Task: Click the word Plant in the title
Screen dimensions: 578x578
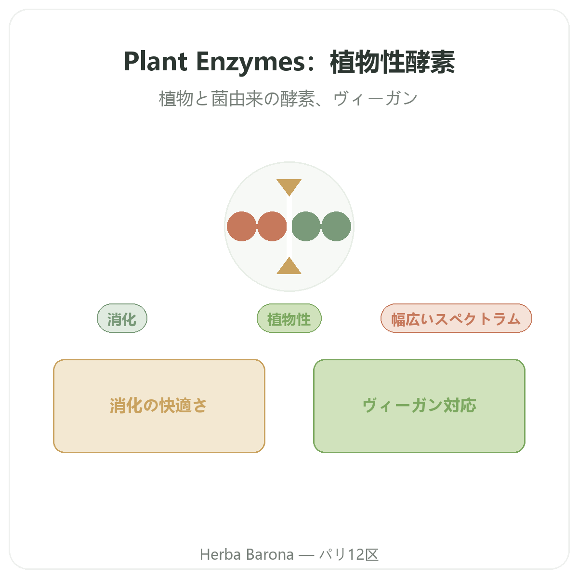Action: point(156,62)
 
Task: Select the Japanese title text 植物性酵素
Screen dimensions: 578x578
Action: point(393,62)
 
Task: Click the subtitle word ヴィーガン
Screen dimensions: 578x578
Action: point(375,99)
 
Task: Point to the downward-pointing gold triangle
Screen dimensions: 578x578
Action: point(289,186)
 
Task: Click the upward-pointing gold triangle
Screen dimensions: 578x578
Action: point(289,267)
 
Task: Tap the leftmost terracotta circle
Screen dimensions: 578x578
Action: point(242,226)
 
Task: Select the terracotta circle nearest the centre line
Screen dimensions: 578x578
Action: point(272,226)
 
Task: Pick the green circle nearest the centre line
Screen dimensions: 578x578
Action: point(306,226)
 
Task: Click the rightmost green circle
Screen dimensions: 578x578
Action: point(336,226)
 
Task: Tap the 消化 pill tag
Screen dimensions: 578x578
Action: point(122,318)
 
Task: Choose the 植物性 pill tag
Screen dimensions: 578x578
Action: point(289,318)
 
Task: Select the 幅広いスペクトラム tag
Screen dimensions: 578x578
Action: point(456,318)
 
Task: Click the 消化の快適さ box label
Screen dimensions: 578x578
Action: point(158,406)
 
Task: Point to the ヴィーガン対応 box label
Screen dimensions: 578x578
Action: point(420,406)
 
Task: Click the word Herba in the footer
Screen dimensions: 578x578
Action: point(221,554)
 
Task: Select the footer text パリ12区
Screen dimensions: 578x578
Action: point(349,554)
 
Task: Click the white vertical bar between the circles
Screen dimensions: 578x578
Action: point(289,226)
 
